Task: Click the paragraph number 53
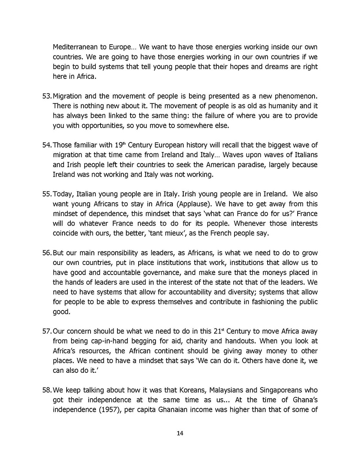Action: (47, 96)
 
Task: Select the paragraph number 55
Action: (47, 194)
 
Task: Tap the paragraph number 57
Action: (47, 331)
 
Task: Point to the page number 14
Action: (180, 433)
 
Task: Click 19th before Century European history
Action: (119, 145)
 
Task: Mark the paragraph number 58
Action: (47, 390)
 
